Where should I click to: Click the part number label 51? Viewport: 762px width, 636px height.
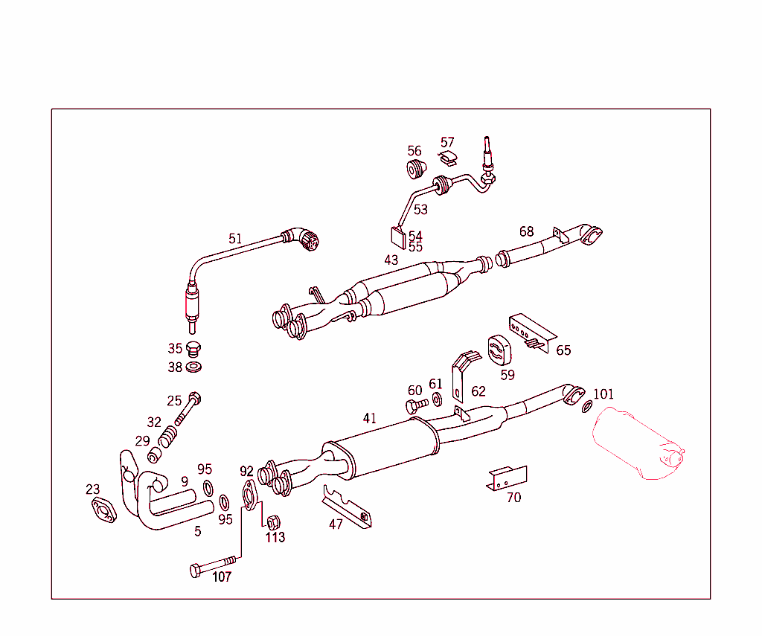(235, 239)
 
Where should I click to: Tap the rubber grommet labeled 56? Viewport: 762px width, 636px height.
(415, 168)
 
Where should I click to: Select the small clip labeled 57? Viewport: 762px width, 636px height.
(448, 157)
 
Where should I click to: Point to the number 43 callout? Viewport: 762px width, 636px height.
(391, 260)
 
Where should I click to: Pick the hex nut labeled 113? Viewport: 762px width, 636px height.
(273, 521)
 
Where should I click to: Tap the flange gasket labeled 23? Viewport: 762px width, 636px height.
(103, 512)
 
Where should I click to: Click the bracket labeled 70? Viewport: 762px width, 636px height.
(507, 478)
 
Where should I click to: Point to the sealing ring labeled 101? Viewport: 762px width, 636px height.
(587, 406)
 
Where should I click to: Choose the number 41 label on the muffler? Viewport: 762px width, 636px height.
(370, 418)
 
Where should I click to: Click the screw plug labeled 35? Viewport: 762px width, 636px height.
(194, 349)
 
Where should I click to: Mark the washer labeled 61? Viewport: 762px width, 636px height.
(437, 401)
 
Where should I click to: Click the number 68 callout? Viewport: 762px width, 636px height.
(526, 231)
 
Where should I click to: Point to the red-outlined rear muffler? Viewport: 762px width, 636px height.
(636, 443)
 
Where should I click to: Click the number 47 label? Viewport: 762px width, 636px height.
(336, 524)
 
